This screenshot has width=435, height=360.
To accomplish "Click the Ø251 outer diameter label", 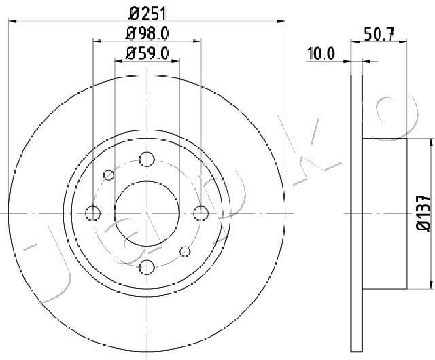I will [147, 13].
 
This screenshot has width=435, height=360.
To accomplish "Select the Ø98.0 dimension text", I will [147, 33].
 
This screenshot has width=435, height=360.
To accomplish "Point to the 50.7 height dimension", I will [380, 34].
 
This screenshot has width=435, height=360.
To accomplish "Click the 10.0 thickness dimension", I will [321, 53].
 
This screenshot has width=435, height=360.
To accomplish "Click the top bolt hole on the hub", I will [147, 160].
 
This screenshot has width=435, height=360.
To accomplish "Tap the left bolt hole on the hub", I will [92, 213].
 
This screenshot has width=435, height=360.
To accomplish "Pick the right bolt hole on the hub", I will [201, 213].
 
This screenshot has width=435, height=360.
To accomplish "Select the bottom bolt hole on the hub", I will [147, 267].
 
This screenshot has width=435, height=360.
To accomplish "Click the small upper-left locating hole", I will [109, 175].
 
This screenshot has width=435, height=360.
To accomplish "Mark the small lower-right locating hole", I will [185, 252].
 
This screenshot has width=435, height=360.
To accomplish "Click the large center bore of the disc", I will [147, 213].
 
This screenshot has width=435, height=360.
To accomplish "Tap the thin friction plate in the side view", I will [357, 213].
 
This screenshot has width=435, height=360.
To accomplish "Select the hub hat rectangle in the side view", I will [385, 213].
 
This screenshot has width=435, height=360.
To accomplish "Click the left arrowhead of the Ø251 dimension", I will [11, 22].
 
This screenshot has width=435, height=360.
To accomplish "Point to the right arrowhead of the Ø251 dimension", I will [283, 22].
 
